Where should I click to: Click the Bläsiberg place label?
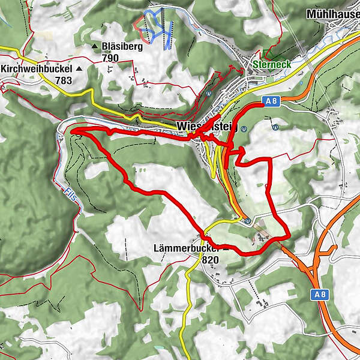coord(122,46)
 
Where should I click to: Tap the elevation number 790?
coord(110,58)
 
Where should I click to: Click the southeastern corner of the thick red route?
coord(289,235)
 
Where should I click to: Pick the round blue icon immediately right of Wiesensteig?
coord(244,128)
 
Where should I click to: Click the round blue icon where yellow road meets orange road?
coord(247,220)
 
